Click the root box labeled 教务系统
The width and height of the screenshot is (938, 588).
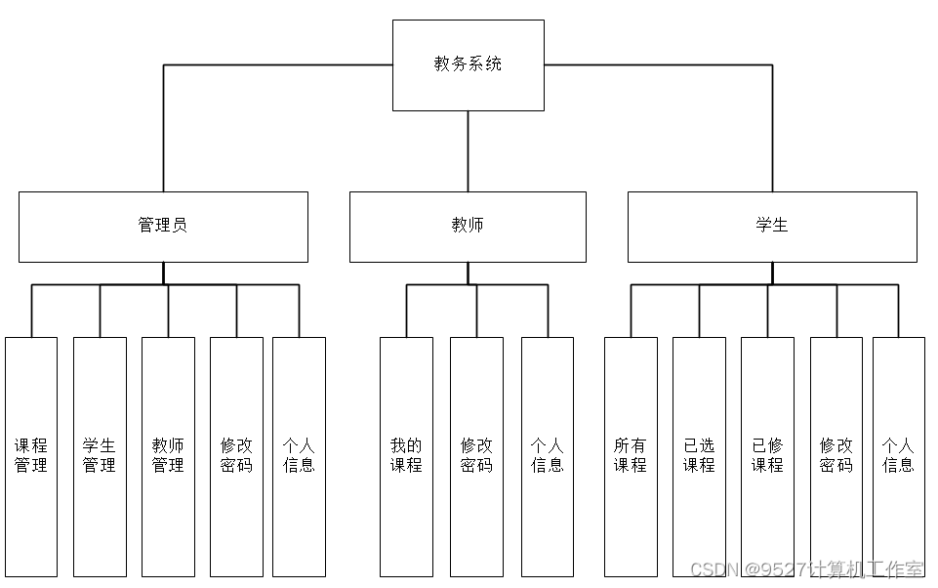point(468,64)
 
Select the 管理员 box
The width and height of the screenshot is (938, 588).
point(163,226)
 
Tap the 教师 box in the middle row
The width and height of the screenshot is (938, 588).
point(468,226)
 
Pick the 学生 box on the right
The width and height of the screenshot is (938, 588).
point(771,226)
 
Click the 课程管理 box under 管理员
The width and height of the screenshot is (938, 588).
point(31,456)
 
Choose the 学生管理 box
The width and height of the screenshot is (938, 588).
point(100,456)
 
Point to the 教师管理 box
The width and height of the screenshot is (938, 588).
point(168,456)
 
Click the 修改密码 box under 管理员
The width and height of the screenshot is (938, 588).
point(236,456)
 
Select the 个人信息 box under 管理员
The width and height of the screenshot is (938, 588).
point(299,456)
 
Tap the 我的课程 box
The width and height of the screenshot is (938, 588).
point(406,456)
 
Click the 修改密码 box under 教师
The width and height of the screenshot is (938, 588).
point(476,456)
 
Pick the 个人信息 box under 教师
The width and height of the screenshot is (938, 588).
point(547,456)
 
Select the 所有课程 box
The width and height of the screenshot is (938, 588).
point(631,456)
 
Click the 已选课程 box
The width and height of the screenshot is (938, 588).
point(699,456)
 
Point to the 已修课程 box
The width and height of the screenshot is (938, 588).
point(767,456)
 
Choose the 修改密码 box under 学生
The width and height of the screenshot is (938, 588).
point(836,456)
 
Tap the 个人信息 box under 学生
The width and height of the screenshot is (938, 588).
point(898,456)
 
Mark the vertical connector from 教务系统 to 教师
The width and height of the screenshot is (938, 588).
point(468,151)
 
